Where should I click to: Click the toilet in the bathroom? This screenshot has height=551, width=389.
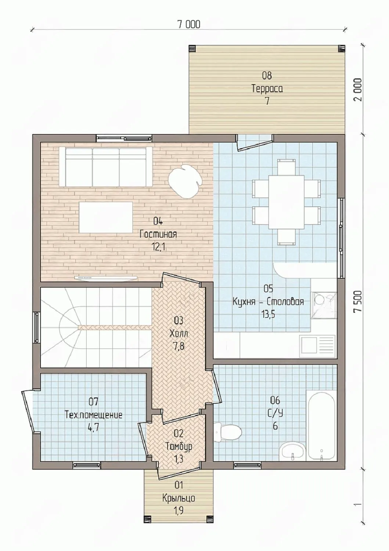pos(228,432)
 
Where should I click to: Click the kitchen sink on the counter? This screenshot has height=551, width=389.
pos(317,346)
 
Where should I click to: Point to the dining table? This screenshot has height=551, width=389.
pos(287,202)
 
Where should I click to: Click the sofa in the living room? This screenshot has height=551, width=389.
pos(106,167)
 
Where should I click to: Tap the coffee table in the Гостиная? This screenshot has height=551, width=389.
pos(106,217)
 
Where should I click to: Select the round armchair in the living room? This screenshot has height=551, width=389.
pos(185,181)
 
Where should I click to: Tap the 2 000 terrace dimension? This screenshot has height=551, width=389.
pos(358,90)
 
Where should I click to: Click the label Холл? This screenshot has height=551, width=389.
pos(179,334)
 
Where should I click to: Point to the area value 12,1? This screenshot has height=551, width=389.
pos(159,247)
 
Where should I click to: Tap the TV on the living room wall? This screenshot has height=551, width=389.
pos(106,278)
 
